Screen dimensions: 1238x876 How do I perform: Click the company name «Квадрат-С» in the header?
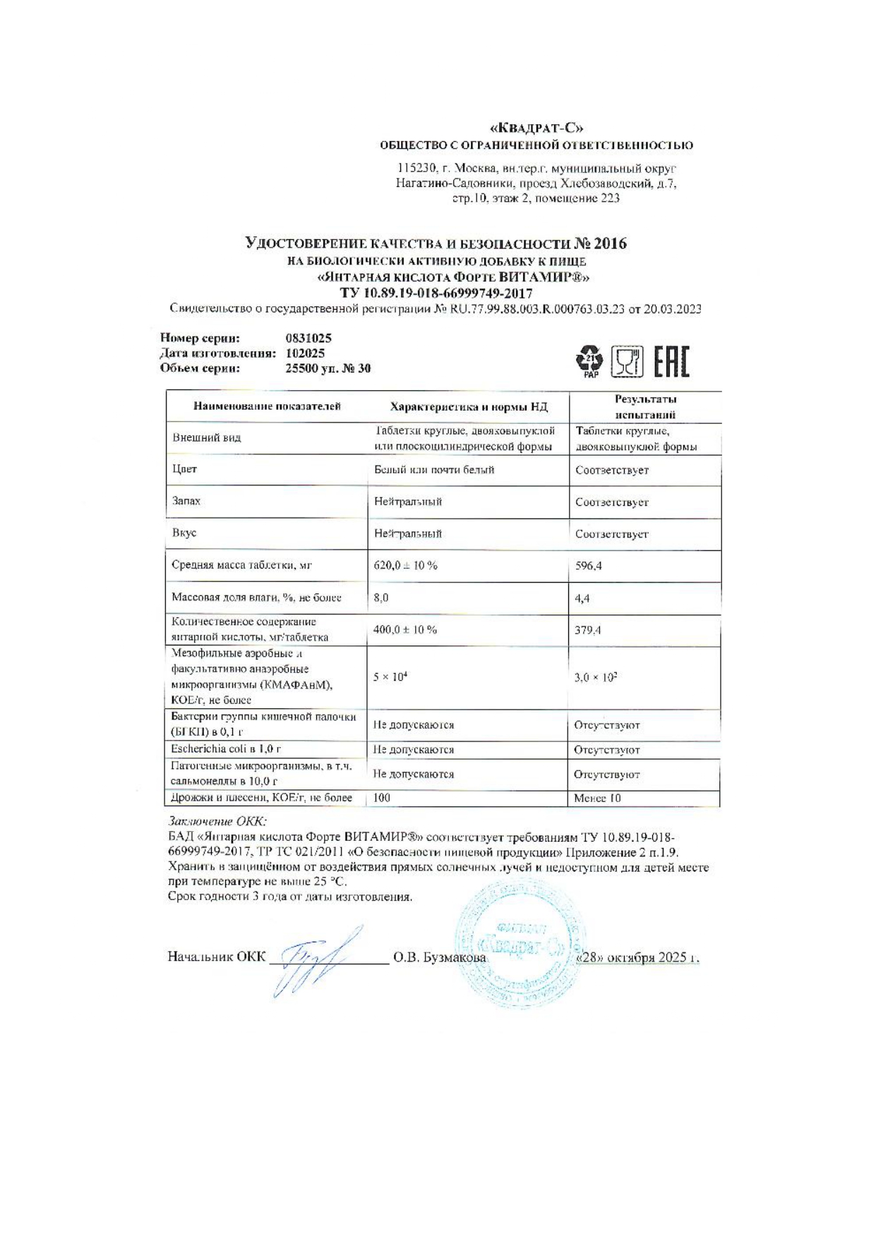point(536,128)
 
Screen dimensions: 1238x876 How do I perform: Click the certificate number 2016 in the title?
point(610,244)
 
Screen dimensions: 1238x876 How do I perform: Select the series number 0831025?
point(308,339)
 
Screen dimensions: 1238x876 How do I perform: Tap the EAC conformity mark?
point(671,362)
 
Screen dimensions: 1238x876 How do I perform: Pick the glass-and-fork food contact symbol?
point(627,362)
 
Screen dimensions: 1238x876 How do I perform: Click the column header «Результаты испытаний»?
point(645,407)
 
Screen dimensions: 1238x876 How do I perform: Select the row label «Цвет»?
point(185,469)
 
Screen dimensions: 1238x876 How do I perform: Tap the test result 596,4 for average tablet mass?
point(589,566)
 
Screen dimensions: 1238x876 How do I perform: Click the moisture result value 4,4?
point(582,598)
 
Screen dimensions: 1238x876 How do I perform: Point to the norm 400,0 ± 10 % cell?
point(405,630)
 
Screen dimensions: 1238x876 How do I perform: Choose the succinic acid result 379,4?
point(587,630)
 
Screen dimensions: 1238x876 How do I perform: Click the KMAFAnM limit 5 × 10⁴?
point(391,676)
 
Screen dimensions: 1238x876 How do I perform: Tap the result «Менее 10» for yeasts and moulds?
point(597,799)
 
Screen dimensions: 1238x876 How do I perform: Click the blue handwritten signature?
point(311,960)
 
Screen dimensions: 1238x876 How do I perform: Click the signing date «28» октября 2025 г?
point(637,958)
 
